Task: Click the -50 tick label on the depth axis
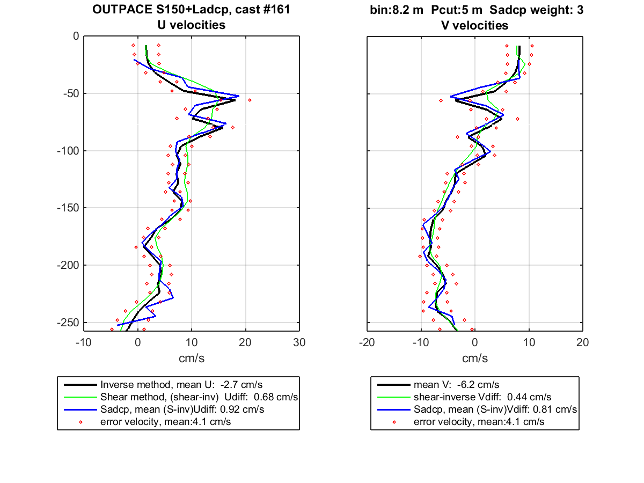pos(71,93)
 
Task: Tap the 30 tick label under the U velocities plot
pos(299,342)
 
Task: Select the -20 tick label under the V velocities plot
pos(367,342)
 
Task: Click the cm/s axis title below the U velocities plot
pos(192,358)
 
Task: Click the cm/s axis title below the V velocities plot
pos(475,358)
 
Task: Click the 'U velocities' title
pos(192,25)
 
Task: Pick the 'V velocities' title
pos(475,26)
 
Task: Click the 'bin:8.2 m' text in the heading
pos(397,10)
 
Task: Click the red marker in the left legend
pos(80,422)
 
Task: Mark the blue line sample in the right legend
pos(393,409)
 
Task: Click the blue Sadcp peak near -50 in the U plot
pos(239,96)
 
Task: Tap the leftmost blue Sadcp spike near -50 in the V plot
pos(451,97)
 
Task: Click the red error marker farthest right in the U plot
pos(250,100)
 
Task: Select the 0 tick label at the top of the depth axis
pos(76,36)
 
